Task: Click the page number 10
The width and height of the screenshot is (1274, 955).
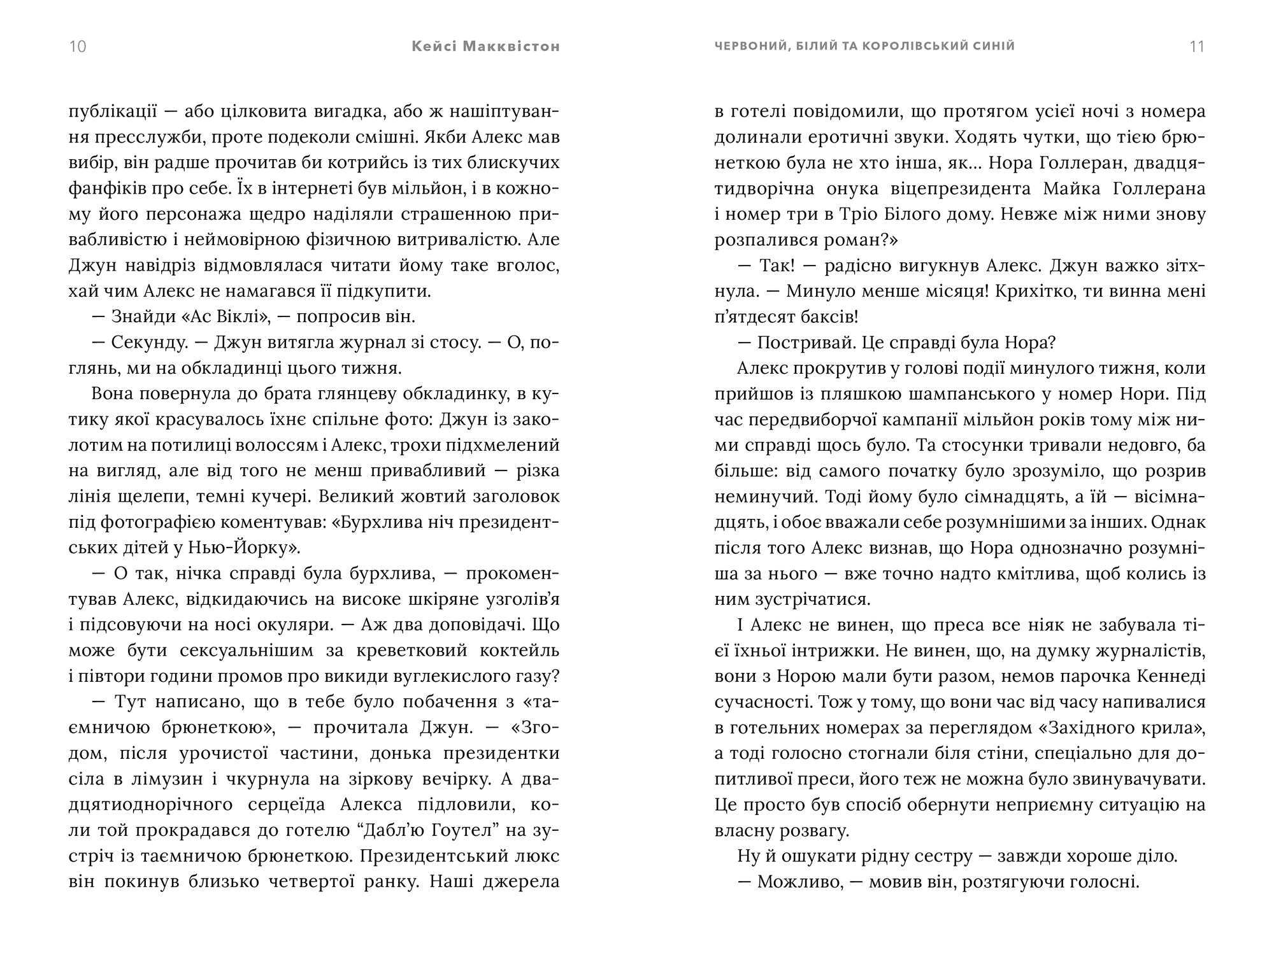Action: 77,46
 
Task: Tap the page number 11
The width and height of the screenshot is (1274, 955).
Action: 1197,46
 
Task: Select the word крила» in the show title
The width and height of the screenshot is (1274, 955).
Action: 1170,728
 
